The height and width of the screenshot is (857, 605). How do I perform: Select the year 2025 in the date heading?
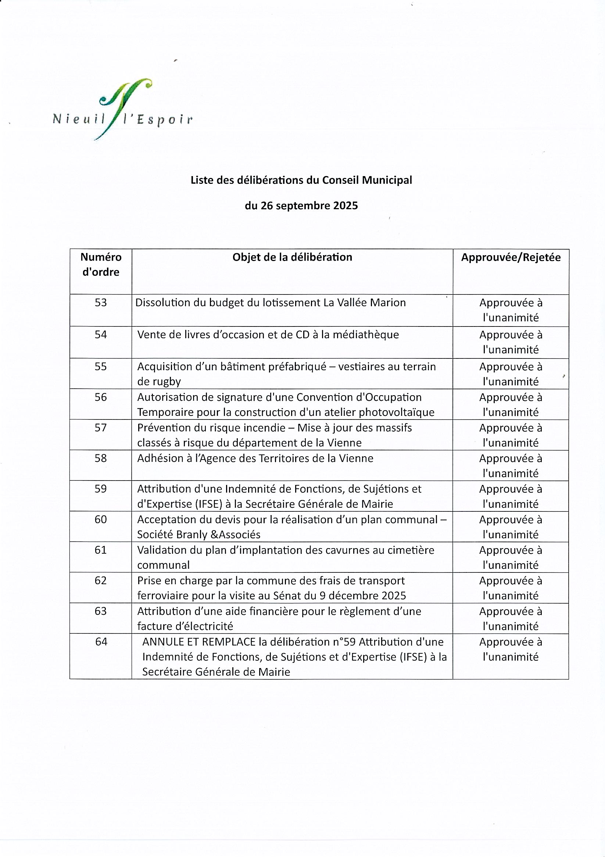[x=346, y=206]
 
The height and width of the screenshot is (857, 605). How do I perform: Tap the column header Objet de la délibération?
[x=292, y=257]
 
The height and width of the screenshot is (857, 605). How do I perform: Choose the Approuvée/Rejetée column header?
[x=511, y=258]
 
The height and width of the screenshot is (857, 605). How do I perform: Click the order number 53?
[x=101, y=303]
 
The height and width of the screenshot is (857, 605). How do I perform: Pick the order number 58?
[x=101, y=458]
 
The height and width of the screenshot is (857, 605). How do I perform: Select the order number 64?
[x=101, y=642]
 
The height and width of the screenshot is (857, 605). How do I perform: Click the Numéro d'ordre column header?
[x=101, y=264]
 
